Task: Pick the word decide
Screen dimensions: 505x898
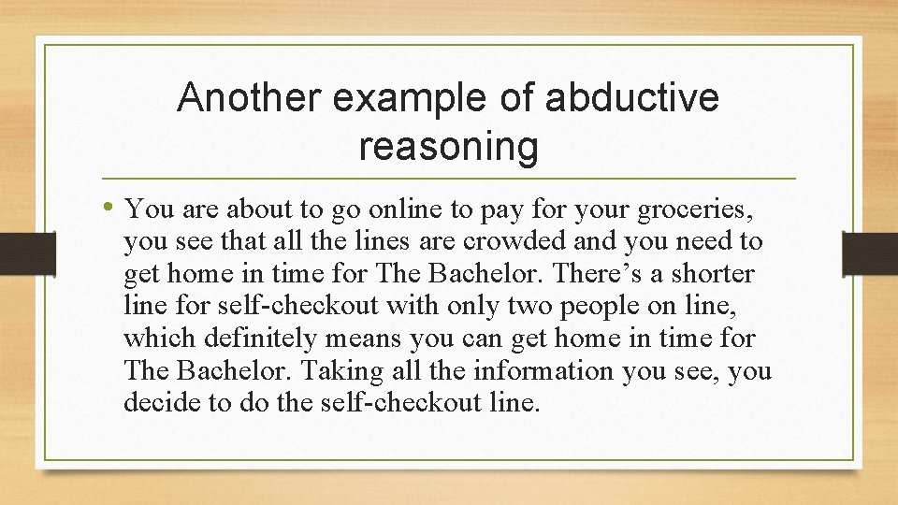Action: click(155, 403)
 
